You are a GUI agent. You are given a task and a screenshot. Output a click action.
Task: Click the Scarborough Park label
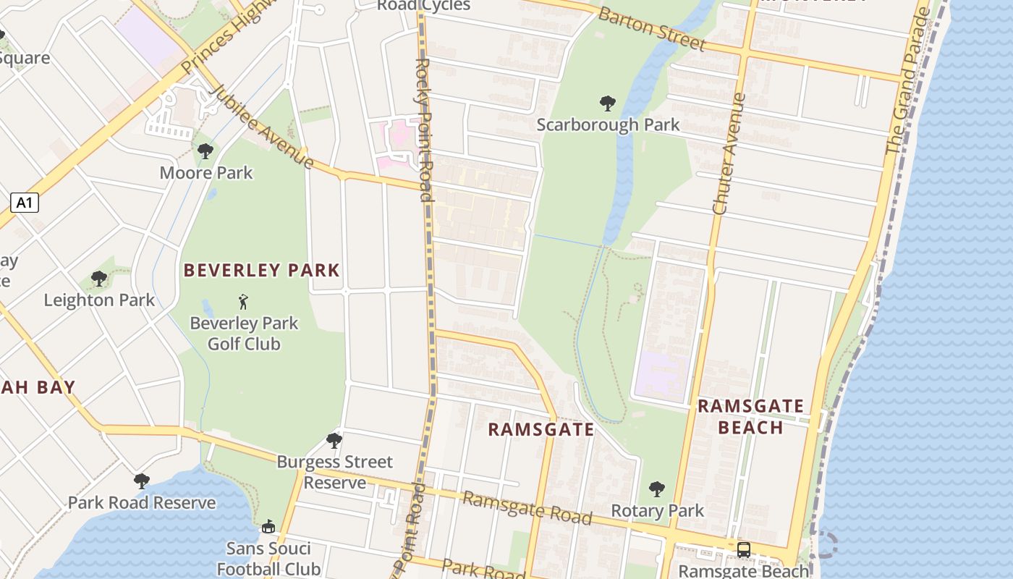point(608,124)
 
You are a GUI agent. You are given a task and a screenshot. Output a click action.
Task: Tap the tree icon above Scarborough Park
point(608,103)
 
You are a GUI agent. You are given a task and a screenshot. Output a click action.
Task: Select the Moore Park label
point(206,172)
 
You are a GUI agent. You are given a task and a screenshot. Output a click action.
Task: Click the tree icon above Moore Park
point(205,151)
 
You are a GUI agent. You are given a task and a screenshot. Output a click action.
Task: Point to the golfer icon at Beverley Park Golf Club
point(243,302)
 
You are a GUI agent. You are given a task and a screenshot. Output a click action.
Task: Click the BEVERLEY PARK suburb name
point(261,271)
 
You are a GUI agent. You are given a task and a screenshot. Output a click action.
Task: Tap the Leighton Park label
point(99,300)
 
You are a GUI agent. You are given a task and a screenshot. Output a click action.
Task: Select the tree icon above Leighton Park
point(99,279)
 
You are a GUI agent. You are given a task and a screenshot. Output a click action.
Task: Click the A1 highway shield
point(25,203)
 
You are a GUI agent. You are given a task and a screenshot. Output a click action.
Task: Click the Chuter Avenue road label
point(729,153)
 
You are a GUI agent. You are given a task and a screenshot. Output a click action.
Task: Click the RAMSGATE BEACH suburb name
point(750,416)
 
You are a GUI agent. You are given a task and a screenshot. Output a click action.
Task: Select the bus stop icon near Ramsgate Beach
point(743,549)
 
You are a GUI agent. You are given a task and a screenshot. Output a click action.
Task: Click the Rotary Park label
point(657,510)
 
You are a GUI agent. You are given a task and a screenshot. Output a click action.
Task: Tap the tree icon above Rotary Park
point(656,489)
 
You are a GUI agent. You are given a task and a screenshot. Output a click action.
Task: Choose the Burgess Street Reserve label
point(334,471)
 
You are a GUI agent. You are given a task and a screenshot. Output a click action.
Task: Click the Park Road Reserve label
point(142,502)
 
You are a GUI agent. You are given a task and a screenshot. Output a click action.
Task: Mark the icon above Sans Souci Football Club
point(268,526)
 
